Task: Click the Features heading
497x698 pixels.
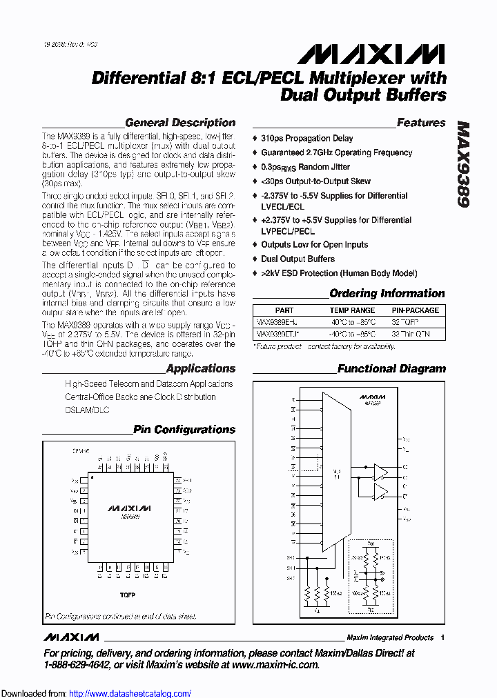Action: click(421, 123)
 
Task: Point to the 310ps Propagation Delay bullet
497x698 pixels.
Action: click(306, 139)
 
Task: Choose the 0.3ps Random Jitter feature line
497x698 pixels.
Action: click(305, 167)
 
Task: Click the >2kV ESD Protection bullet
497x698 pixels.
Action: click(339, 273)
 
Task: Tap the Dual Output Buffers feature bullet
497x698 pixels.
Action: click(298, 259)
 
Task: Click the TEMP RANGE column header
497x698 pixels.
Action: click(353, 310)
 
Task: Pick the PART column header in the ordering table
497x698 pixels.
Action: click(284, 310)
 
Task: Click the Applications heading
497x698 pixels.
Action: click(200, 369)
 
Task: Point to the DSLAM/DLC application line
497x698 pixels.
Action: click(87, 410)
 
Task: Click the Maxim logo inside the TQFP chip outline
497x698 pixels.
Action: click(130, 508)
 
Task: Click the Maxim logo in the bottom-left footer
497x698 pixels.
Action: click(70, 637)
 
